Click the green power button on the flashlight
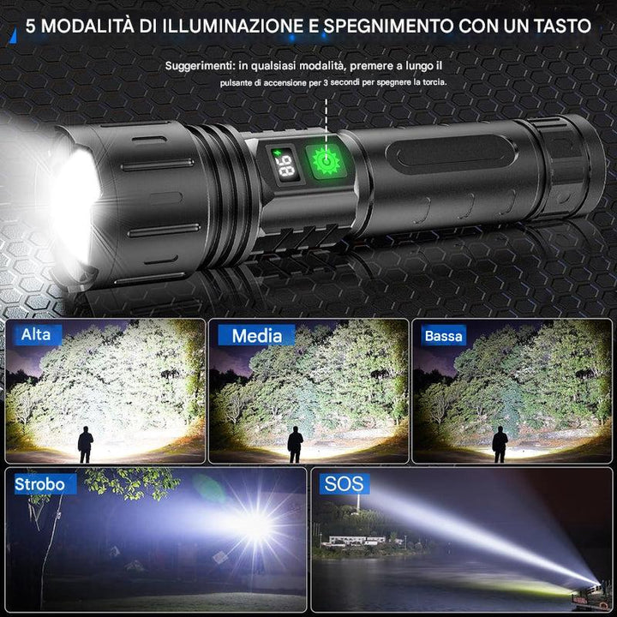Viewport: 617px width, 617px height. coord(326,161)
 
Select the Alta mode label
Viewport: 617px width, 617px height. coord(36,335)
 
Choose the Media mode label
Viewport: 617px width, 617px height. coord(256,336)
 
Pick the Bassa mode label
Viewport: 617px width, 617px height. coord(443,336)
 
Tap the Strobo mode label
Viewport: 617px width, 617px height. coord(39,484)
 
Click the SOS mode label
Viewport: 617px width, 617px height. coord(344,483)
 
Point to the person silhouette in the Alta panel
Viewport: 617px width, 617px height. coord(86,444)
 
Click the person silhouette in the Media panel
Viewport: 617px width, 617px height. coord(295,444)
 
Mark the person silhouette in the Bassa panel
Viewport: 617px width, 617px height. coord(500,444)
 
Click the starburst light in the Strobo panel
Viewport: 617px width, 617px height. coord(256,525)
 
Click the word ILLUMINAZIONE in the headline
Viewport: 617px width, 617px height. coord(233,26)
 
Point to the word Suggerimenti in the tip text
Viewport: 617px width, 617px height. coord(200,66)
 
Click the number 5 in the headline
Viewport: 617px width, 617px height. coord(30,26)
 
